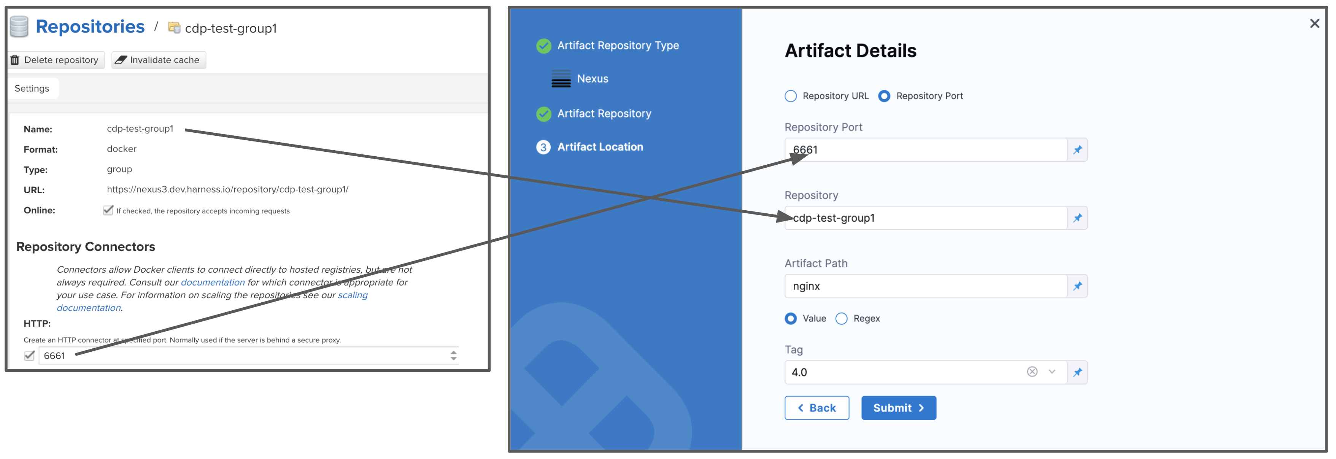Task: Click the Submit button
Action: [x=898, y=408]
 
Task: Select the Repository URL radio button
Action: [x=790, y=96]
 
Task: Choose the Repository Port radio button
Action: [x=884, y=96]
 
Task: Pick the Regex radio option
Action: [x=841, y=318]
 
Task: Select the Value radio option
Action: [x=790, y=318]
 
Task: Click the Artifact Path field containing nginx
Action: [x=926, y=286]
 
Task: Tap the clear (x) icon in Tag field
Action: [x=1032, y=372]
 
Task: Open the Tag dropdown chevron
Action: [x=1052, y=372]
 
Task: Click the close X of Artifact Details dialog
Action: [x=1314, y=23]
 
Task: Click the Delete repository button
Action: [x=56, y=60]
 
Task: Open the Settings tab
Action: [x=32, y=88]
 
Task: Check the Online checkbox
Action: [x=108, y=210]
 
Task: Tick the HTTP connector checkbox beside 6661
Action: [x=29, y=355]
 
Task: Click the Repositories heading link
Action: [x=90, y=27]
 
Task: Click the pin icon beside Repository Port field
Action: [x=1077, y=150]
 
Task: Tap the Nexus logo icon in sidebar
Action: [x=561, y=78]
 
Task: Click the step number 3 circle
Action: [x=543, y=147]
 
